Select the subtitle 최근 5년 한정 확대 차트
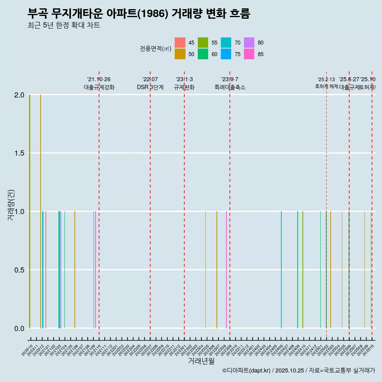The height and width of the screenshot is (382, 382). pyautogui.click(x=64, y=25)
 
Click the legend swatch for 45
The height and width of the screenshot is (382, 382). pyautogui.click(x=180, y=43)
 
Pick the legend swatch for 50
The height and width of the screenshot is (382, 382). pyautogui.click(x=180, y=54)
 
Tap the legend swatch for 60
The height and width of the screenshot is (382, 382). pyautogui.click(x=203, y=54)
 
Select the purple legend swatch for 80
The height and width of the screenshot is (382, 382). pyautogui.click(x=249, y=43)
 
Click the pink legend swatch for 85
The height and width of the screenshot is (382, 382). pyautogui.click(x=249, y=54)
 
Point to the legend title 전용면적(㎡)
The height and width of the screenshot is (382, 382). pyautogui.click(x=155, y=49)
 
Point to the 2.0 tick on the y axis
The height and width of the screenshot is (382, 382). pyautogui.click(x=19, y=95)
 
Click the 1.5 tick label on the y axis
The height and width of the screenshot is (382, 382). pyautogui.click(x=19, y=154)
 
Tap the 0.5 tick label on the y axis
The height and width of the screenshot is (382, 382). pyautogui.click(x=19, y=270)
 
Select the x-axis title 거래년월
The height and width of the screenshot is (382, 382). pyautogui.click(x=201, y=361)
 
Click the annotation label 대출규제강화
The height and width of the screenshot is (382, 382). pyautogui.click(x=99, y=87)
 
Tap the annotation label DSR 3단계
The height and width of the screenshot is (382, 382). pyautogui.click(x=150, y=87)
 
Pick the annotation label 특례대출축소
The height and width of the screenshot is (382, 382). pyautogui.click(x=230, y=87)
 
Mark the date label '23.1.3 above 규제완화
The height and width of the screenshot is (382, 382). pyautogui.click(x=184, y=79)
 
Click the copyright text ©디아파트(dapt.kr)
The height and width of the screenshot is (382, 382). pyautogui.click(x=247, y=370)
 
